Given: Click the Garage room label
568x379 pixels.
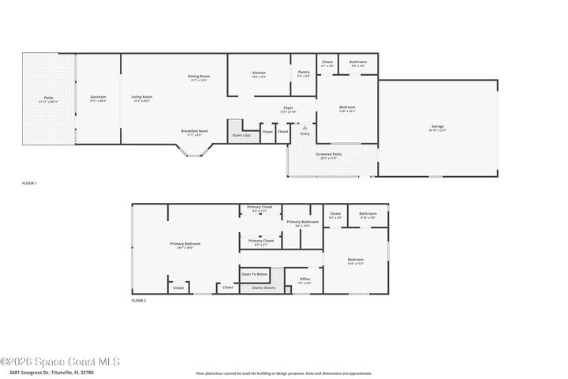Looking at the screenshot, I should click(438, 127).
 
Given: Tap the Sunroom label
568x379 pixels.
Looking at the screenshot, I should click(98, 97).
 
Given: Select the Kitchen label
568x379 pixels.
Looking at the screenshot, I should click(259, 73).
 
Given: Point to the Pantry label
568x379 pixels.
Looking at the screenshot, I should click(303, 73).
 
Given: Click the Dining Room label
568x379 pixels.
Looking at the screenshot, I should click(199, 77).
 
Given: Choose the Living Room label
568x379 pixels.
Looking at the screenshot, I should click(142, 97).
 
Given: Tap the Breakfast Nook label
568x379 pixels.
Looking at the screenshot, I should click(194, 131).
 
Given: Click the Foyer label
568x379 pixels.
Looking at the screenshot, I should click(288, 108).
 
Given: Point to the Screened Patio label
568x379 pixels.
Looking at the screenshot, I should click(328, 155).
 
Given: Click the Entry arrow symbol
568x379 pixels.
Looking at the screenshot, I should click(305, 126).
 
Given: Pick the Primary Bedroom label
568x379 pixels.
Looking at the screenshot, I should click(185, 244).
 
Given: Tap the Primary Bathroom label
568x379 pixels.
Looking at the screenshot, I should click(303, 222).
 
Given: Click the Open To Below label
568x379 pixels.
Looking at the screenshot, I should click(255, 273).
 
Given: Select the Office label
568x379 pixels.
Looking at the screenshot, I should click(305, 279).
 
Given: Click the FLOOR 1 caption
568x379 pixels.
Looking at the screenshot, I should click(29, 183).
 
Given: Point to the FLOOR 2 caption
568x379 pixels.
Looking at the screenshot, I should click(138, 300).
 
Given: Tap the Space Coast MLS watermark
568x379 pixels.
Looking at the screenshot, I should click(59, 361).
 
